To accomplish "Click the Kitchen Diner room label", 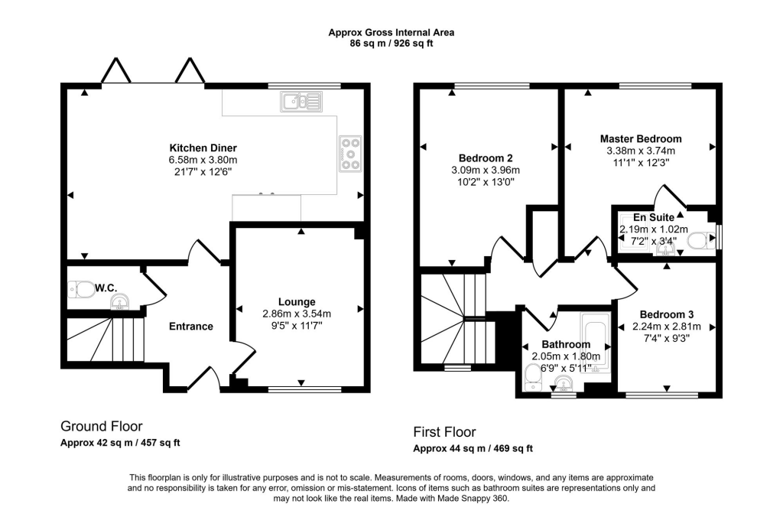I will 203,148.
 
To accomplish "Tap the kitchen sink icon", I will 302,101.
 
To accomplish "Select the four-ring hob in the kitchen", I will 350,153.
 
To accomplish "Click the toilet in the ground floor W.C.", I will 80,288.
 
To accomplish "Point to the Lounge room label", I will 297,301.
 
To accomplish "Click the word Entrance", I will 190,327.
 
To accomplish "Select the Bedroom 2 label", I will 486,158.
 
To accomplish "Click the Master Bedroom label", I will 640,138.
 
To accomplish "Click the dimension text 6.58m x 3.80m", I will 203,160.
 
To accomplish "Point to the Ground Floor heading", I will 101,426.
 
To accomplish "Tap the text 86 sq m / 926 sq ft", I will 391,44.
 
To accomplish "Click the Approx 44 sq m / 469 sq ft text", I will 473,448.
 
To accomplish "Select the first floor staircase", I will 455,317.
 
